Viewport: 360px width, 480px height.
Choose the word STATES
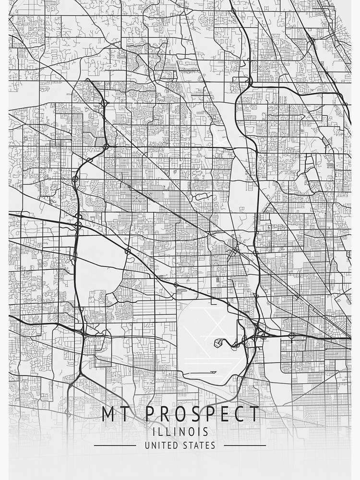pos(199,445)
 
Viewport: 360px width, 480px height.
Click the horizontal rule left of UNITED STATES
pos(115,445)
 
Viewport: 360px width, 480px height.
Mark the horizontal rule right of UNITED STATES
pos(245,445)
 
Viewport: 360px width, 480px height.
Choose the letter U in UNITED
pos(147,445)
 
